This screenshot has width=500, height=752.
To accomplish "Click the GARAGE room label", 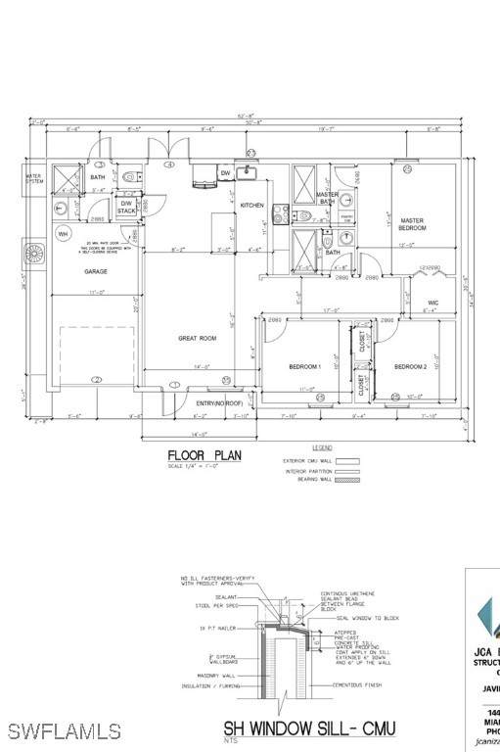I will [95, 271].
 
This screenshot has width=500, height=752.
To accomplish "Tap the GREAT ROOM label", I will [196, 339].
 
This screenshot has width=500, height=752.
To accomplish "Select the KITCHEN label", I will [252, 205].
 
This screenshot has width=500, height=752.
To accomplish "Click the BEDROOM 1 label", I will [304, 366].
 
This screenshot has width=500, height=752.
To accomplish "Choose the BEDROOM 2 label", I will [410, 366].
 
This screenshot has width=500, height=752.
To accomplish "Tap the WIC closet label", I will [431, 303].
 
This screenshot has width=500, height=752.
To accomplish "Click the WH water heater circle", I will [64, 234].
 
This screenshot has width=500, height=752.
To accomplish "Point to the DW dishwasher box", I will [225, 172].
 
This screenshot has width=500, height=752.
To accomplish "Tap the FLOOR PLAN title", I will [204, 454].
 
